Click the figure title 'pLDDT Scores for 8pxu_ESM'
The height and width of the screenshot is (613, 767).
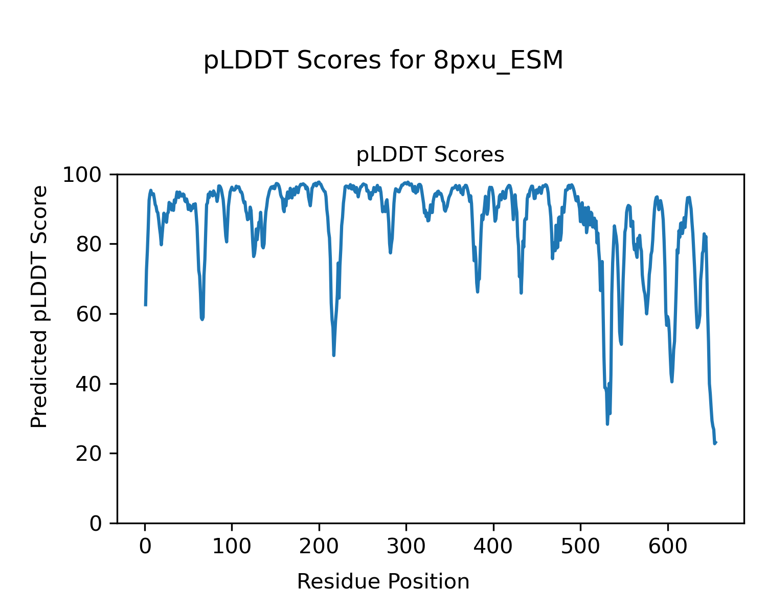pos(383,61)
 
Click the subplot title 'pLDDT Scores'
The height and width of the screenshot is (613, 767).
pos(430,155)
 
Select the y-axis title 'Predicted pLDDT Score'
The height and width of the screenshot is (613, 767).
pos(39,306)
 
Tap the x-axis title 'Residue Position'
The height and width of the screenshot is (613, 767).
pos(383,581)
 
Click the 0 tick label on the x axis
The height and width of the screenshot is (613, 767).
pos(145,547)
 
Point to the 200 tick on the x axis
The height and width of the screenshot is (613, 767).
pos(319,547)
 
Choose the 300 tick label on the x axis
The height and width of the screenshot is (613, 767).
pos(406,547)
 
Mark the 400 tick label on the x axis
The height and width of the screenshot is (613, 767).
pos(493,547)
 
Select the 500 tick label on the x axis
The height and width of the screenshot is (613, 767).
pos(580,547)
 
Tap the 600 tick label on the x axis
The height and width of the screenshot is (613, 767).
pos(667,547)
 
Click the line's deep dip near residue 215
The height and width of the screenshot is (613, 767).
pos(334,355)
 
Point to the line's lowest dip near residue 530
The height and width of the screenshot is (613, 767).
pos(607,424)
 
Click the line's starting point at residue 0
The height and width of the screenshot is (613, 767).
pos(146,305)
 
